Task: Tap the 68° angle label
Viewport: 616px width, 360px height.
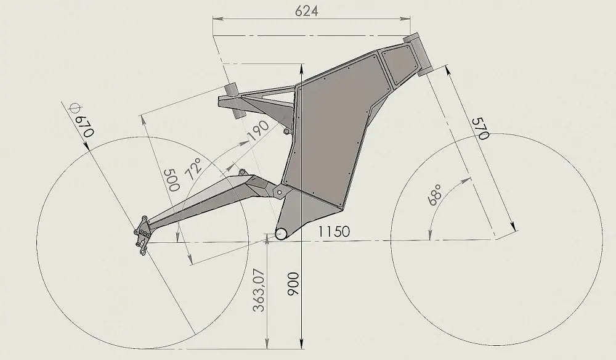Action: (436, 193)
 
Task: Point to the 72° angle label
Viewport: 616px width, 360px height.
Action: (197, 168)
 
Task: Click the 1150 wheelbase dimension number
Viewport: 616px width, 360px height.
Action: (334, 232)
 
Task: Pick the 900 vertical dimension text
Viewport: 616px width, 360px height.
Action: (294, 285)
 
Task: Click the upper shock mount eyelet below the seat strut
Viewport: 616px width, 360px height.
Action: (286, 131)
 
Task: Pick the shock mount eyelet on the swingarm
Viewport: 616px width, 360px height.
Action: (242, 173)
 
